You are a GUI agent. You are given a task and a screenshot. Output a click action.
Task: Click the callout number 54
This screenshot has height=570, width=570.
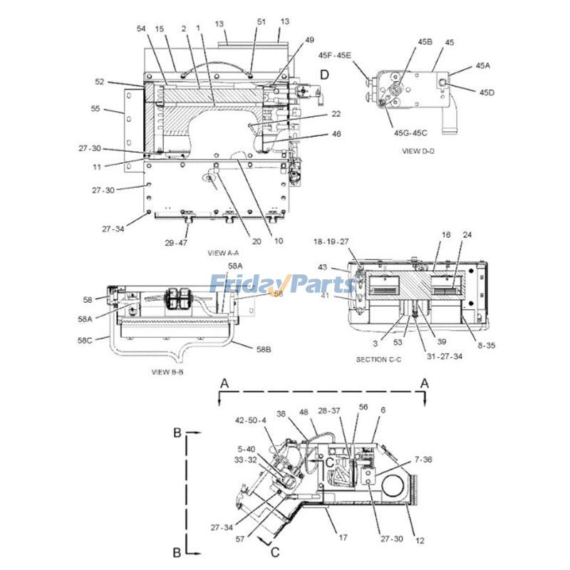click(x=141, y=28)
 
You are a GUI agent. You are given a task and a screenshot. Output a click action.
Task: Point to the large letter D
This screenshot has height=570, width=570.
click(x=324, y=74)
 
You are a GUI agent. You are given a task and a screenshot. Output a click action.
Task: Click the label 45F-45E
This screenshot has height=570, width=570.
click(x=335, y=55)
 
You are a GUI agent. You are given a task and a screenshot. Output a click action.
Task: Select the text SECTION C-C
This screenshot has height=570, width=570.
click(x=380, y=360)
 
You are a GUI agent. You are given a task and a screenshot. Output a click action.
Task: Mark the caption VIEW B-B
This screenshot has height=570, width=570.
click(x=168, y=372)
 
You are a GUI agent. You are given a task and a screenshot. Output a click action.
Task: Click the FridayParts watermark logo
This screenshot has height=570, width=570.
click(x=282, y=284)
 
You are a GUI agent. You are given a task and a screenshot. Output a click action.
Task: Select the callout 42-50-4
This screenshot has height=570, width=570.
click(x=251, y=420)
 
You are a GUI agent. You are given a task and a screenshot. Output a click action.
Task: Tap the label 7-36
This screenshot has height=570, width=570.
click(x=422, y=459)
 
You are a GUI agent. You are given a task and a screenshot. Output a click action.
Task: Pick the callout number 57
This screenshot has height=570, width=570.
click(x=240, y=539)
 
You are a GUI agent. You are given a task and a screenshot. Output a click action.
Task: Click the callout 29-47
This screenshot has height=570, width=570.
click(x=176, y=243)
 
